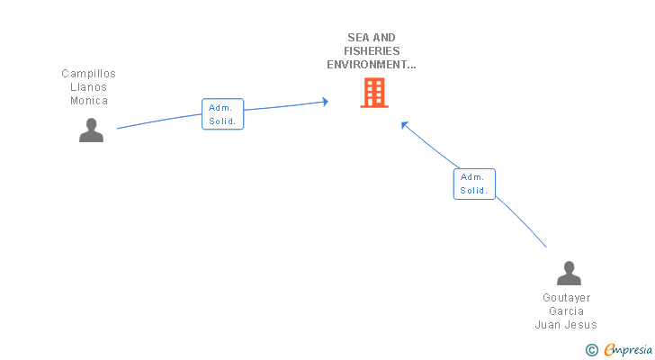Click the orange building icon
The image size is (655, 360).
[x=374, y=93]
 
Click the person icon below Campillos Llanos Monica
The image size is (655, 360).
[x=91, y=130]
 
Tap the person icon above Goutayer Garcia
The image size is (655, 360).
[x=569, y=273]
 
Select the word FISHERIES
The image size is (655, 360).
[x=372, y=51]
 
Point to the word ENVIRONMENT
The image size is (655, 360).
[x=370, y=65]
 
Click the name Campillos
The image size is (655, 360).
[x=88, y=74]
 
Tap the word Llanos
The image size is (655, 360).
[x=88, y=87]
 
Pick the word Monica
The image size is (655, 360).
[x=89, y=101]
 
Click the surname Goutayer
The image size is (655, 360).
[x=566, y=298]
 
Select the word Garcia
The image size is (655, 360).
[x=566, y=311]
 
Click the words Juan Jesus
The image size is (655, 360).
[x=566, y=325]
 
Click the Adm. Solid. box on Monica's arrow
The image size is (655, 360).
[x=222, y=114]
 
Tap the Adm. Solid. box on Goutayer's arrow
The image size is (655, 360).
[x=474, y=184]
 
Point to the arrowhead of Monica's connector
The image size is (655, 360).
[x=325, y=102]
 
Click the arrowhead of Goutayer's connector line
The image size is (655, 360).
[x=405, y=125]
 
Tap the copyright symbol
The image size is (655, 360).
[x=592, y=350]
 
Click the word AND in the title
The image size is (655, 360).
[x=384, y=38]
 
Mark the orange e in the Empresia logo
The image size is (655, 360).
[x=609, y=350]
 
